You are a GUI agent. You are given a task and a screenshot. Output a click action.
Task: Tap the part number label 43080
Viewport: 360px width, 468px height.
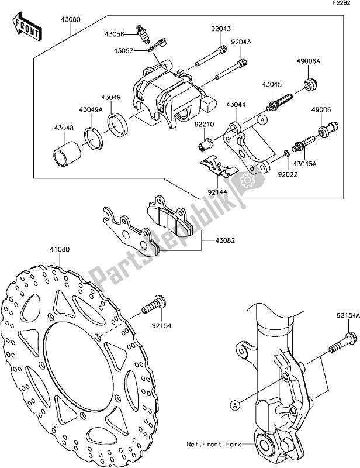[x=70, y=20]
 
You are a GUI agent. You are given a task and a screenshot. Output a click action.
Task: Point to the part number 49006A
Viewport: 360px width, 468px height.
[x=308, y=61]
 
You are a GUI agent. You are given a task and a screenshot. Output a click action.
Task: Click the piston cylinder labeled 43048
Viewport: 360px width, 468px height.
[x=67, y=151]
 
